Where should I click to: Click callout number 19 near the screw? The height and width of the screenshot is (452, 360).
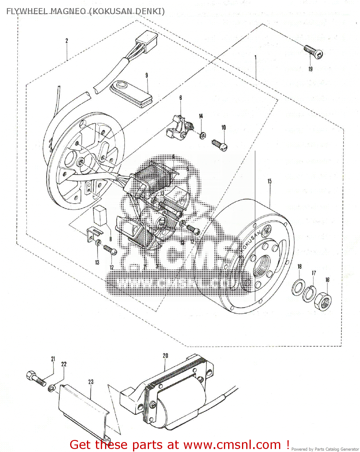click(x=310, y=69)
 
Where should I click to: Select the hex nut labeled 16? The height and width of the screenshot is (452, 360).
click(x=323, y=300)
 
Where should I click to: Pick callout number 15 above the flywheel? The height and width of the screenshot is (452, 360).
click(x=269, y=181)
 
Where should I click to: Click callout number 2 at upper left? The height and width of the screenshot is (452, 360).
click(x=67, y=41)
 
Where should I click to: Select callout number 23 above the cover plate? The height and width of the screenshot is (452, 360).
click(x=91, y=382)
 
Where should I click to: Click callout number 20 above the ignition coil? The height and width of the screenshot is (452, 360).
click(x=165, y=356)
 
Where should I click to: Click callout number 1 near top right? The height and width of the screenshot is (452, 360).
click(x=256, y=57)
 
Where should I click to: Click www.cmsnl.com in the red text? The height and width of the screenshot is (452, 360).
click(x=232, y=445)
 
